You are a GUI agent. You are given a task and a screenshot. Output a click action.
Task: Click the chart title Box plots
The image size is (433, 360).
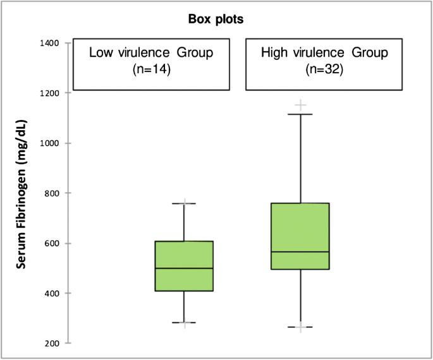tap(216, 19)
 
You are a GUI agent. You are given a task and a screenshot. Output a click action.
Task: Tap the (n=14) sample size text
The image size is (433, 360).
tap(150, 69)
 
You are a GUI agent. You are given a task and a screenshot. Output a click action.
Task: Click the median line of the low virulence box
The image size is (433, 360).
tap(184, 268)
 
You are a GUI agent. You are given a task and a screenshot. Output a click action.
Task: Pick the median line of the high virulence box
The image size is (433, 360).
tap(300, 252)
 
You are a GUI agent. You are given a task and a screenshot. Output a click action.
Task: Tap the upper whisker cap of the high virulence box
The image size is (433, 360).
tap(300, 114)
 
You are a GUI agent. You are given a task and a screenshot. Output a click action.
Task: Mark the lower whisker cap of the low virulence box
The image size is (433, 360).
tap(184, 323)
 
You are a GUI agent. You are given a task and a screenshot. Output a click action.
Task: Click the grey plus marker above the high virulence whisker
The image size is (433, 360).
tap(300, 105)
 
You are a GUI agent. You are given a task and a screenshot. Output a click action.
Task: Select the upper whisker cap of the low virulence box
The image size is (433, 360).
tap(184, 203)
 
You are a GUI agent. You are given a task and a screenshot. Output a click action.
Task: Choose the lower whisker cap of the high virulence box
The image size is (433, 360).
tap(300, 327)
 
